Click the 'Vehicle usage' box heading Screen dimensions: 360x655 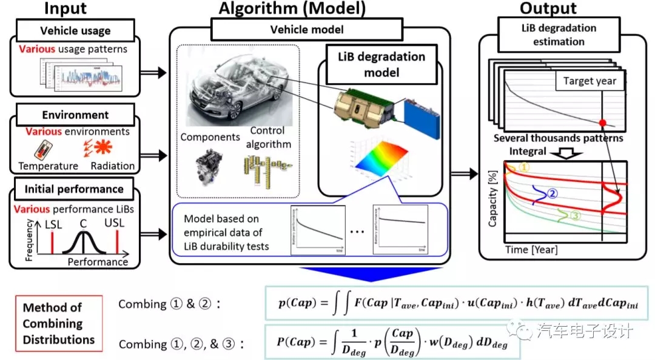click(x=75, y=30)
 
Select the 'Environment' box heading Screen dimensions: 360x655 click(x=75, y=115)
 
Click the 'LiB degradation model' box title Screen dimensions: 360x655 click(x=381, y=64)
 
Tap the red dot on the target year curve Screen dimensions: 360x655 click(x=602, y=123)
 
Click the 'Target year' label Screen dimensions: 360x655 click(x=589, y=81)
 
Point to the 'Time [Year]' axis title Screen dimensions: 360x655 click(x=531, y=249)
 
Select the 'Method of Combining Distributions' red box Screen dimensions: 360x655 click(x=59, y=323)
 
